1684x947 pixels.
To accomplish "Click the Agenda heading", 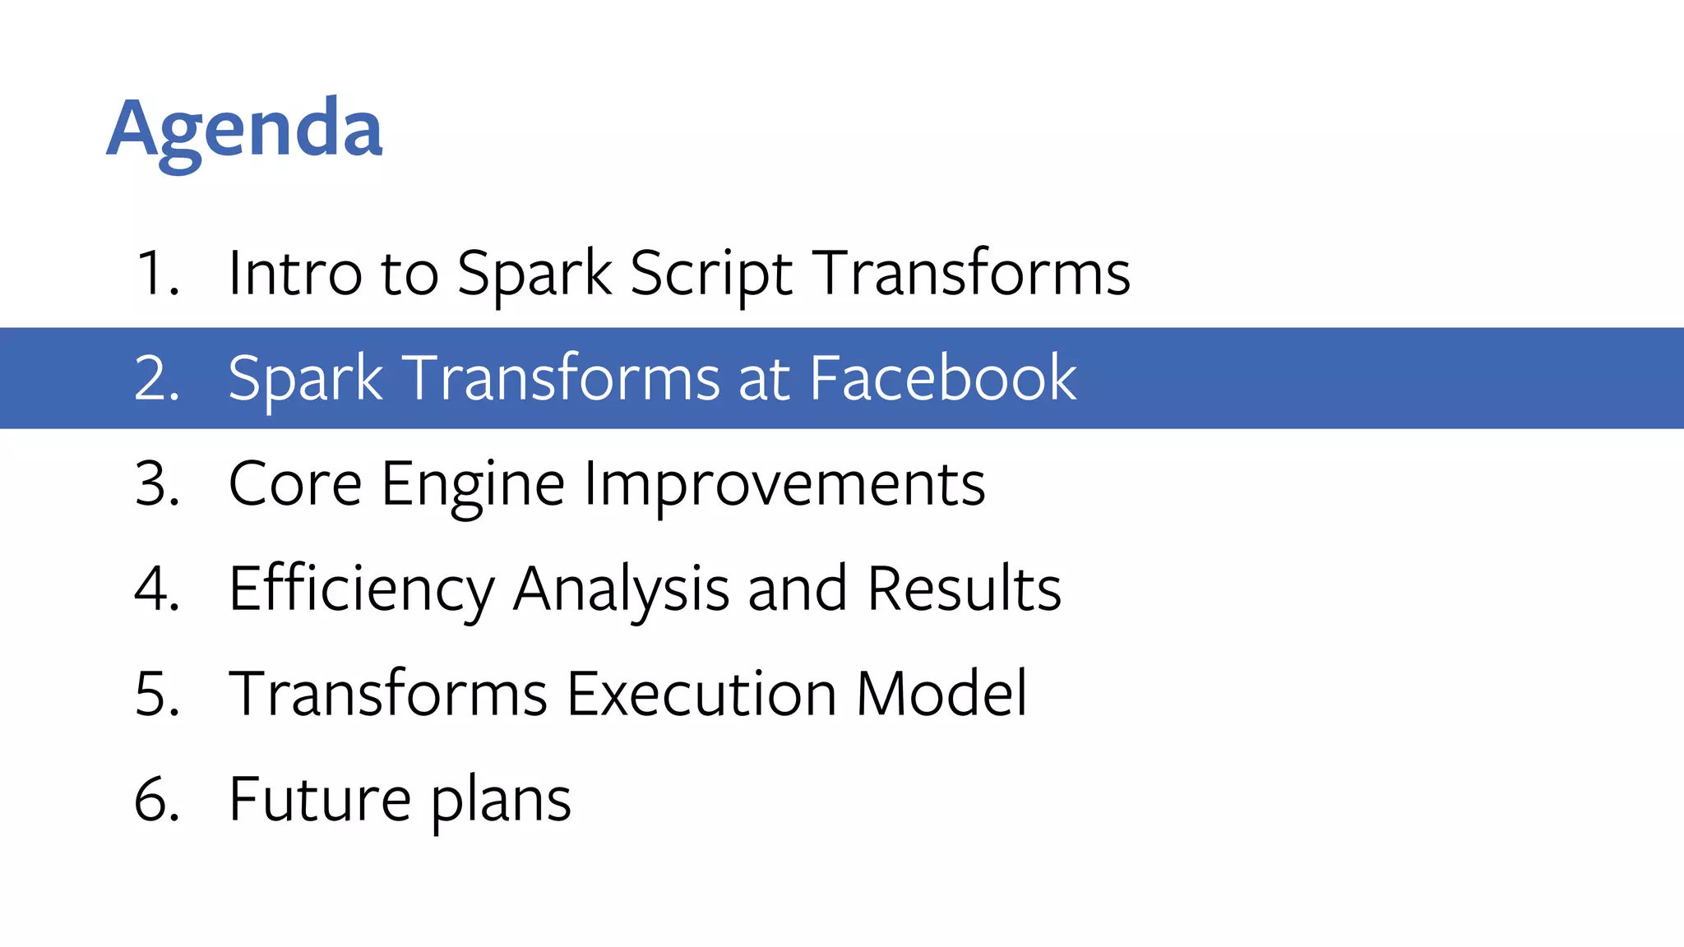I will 244,129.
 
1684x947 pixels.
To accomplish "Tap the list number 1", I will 156,273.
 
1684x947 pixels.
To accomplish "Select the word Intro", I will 294,273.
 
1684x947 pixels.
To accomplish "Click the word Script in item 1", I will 711,273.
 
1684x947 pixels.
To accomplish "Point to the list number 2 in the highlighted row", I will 156,378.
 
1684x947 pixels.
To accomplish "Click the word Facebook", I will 942,378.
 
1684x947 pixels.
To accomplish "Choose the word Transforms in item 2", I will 562,378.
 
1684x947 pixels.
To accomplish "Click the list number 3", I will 156,483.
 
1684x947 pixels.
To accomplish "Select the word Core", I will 295,483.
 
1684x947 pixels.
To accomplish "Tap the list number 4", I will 156,589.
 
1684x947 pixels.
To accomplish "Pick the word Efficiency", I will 362,589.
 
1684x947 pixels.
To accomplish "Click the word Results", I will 964,589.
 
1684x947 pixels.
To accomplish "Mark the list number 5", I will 156,694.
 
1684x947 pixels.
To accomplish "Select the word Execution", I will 701,694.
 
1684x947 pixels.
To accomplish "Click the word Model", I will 941,694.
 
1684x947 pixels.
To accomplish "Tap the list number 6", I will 156,799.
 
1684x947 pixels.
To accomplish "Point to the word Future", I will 320,799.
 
